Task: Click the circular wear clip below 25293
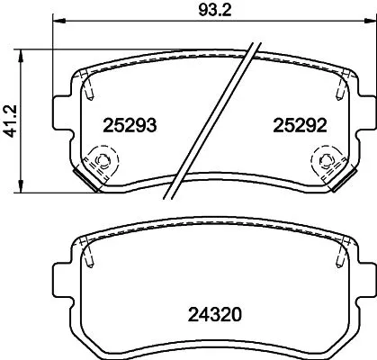tap(101, 163)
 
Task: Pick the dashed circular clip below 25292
tap(322, 163)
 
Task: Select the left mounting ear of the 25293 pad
tap(62, 113)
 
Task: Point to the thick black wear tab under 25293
tap(86, 182)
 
